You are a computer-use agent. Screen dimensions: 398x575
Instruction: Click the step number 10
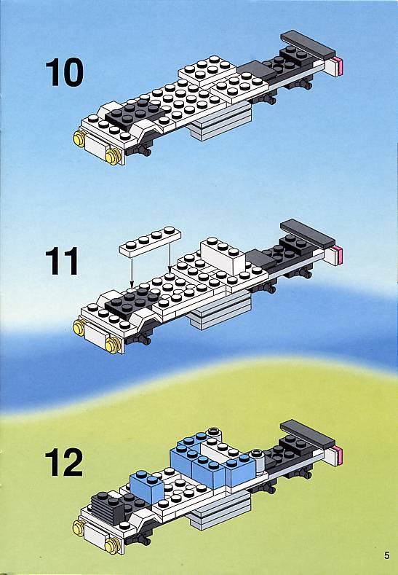[x=65, y=72]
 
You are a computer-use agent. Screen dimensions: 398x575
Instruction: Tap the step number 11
[x=62, y=261]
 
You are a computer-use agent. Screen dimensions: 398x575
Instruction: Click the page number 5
[x=387, y=555]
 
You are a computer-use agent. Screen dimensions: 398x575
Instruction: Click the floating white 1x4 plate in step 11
[x=150, y=241]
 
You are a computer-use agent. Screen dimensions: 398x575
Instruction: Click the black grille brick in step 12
[x=107, y=507]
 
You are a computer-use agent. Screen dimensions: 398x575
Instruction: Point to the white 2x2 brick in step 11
[x=223, y=255]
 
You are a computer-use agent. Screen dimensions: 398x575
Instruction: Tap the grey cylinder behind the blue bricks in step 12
[x=258, y=462]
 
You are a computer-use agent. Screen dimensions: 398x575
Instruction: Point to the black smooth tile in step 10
[x=256, y=70]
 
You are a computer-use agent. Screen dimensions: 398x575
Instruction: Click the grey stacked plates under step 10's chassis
[x=220, y=122]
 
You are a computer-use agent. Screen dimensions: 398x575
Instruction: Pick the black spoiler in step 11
[x=308, y=234]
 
